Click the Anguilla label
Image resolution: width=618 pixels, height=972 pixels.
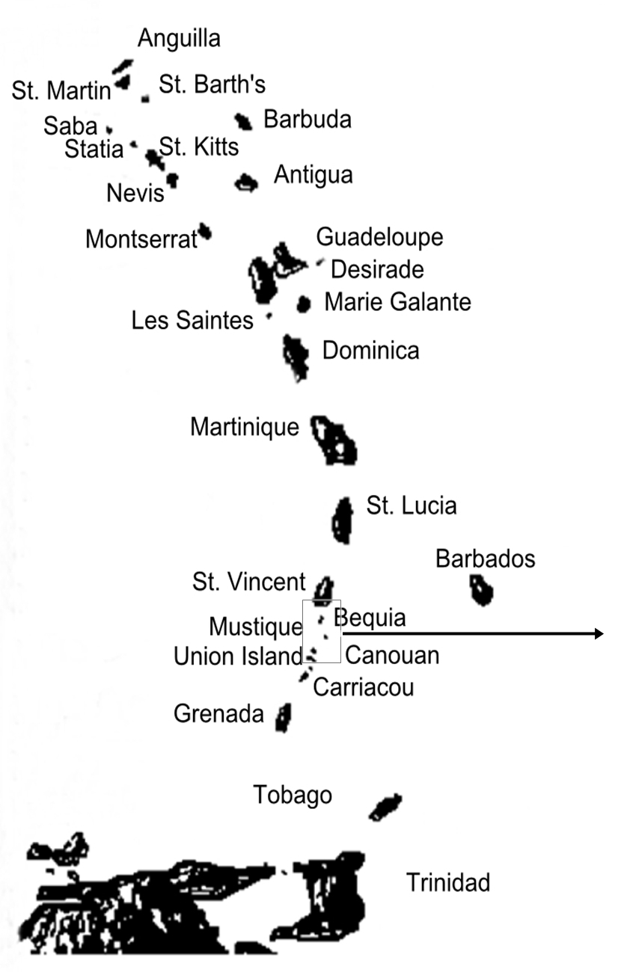pos(179,38)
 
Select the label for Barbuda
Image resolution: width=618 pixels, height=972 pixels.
pos(307,119)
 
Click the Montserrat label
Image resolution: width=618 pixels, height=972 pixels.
pos(141,239)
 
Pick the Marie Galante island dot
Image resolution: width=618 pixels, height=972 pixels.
pos(303,304)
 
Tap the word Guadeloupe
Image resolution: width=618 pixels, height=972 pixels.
pos(379,237)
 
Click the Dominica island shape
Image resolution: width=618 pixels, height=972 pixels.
pos(296,356)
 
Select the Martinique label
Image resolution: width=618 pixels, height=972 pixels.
pos(244,427)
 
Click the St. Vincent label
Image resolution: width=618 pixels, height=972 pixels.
pos(248,581)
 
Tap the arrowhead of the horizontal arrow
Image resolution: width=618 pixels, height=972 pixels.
pos(599,634)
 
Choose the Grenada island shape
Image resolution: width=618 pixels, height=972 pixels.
pos(283,718)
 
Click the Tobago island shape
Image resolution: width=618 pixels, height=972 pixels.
pos(385,806)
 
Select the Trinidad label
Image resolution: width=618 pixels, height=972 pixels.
pos(447,882)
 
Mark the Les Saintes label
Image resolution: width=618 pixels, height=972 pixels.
pos(192,321)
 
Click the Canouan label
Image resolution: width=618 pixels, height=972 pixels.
pos(392,656)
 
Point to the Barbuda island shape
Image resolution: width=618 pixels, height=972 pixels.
pos(242,121)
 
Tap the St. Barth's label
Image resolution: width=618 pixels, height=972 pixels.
pos(212,84)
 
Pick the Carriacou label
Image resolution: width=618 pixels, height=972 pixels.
pos(363,686)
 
